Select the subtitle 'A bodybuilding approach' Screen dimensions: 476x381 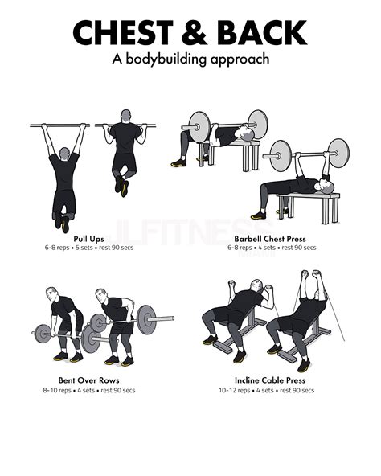[190, 59]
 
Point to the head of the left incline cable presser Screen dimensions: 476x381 [253, 287]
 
